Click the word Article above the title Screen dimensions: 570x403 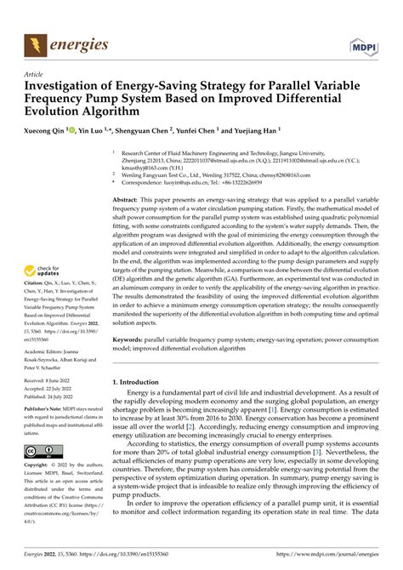click(36, 74)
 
